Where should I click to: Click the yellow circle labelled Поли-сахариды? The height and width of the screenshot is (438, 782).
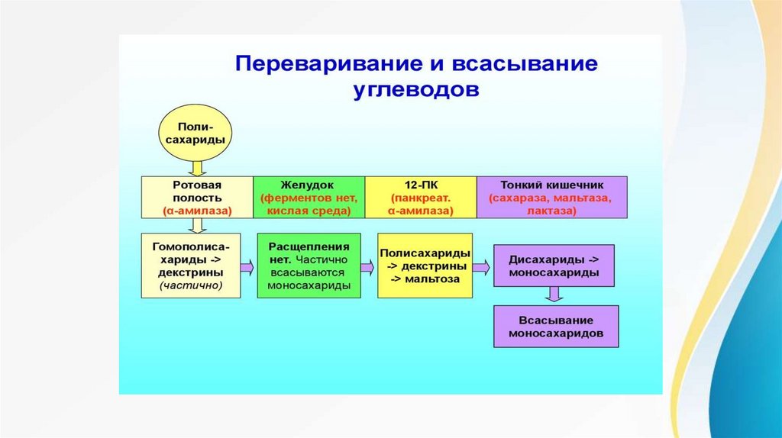tap(195, 134)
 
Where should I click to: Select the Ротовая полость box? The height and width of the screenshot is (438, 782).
tap(196, 197)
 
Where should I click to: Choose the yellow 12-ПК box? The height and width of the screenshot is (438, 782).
tap(420, 197)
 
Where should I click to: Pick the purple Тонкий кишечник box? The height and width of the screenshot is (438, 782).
tap(551, 197)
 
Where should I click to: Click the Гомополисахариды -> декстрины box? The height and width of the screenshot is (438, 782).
tap(191, 266)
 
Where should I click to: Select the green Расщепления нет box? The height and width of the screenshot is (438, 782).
tap(309, 266)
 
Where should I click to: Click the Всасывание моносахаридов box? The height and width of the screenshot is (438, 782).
tap(555, 327)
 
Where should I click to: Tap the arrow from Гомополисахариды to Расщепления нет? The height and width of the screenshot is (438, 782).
tap(247, 267)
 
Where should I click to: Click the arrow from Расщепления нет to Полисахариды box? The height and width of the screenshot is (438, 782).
tap(368, 267)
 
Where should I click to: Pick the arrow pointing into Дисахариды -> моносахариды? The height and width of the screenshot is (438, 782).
tap(481, 267)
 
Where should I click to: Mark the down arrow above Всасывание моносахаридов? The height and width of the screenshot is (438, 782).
tap(554, 295)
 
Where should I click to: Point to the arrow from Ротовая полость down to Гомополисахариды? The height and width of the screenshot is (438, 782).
tap(196, 225)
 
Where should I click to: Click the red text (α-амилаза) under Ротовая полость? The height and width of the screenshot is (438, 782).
tap(196, 210)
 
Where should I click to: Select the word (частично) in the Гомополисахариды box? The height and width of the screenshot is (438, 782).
tap(191, 286)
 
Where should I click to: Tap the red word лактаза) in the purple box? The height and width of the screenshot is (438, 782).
tap(551, 210)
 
